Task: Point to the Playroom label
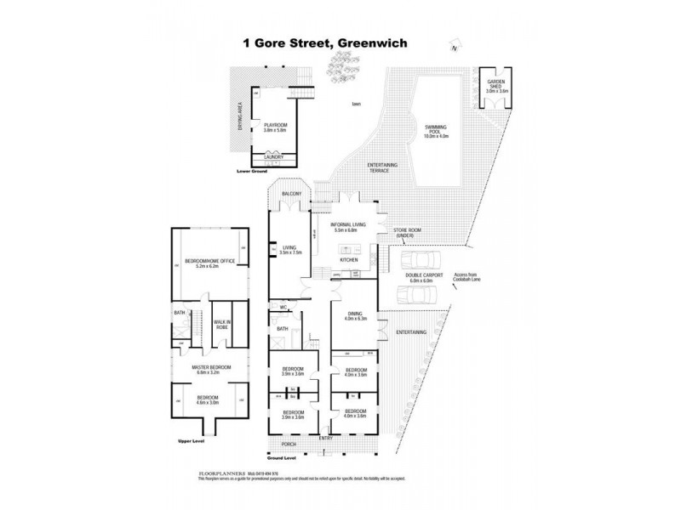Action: (276, 127)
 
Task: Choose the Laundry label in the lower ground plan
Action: (274, 157)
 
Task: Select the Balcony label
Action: (291, 195)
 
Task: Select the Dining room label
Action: (354, 316)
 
